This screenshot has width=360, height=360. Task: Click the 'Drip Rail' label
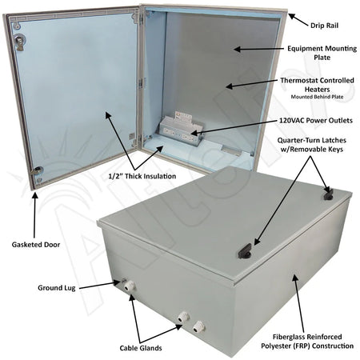tap(324, 26)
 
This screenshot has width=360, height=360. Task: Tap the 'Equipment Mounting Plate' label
tap(322, 53)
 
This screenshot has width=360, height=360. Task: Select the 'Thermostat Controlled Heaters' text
tap(317, 85)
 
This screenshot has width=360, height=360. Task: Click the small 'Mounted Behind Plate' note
tap(317, 97)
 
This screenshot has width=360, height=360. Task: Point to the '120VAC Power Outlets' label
tap(316, 121)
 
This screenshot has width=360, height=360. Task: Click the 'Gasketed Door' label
tap(36, 245)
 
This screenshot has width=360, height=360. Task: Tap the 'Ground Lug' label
tap(57, 288)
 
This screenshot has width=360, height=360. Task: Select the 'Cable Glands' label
tap(141, 348)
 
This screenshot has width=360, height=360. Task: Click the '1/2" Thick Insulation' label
tap(142, 176)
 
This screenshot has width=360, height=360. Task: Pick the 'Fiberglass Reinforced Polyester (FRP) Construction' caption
tap(307, 342)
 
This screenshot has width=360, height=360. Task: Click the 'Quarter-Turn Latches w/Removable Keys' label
tap(312, 145)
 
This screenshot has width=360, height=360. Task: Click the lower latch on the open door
tap(36, 170)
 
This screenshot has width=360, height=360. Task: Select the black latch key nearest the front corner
tap(245, 251)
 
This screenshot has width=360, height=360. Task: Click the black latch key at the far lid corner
tap(328, 194)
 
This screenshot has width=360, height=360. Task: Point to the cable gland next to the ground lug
tap(130, 286)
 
